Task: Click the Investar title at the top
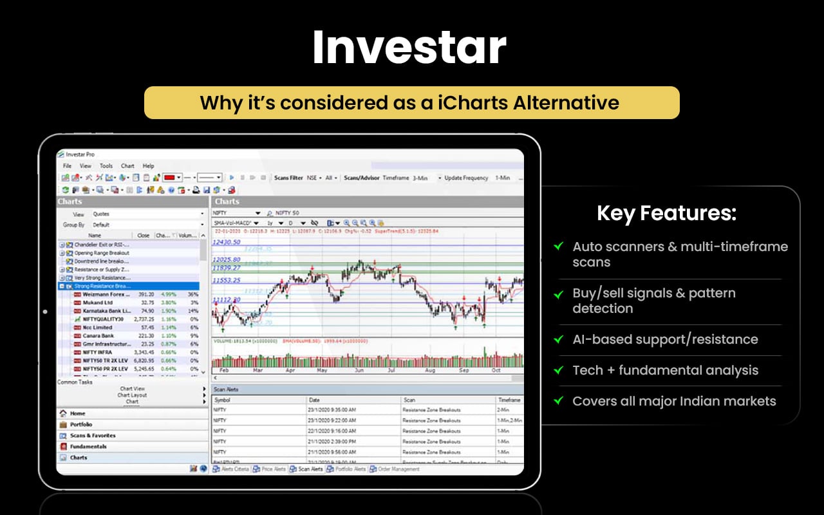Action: click(x=409, y=48)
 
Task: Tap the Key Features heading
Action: click(x=666, y=213)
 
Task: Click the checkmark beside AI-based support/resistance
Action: click(x=558, y=339)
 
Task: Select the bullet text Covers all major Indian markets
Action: click(x=674, y=401)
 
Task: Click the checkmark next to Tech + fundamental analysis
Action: click(x=558, y=370)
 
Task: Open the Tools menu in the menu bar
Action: click(x=106, y=165)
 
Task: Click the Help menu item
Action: click(x=148, y=165)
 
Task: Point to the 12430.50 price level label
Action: click(x=227, y=242)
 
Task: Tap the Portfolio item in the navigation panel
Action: click(x=81, y=424)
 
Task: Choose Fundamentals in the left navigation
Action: click(x=88, y=446)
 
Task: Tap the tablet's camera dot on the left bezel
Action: click(x=45, y=312)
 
